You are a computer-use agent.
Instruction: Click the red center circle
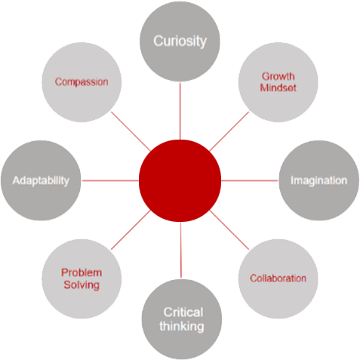point(180,180)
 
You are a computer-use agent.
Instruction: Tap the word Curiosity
point(180,42)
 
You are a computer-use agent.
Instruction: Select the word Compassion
point(82,82)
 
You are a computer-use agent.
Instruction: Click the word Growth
point(278,76)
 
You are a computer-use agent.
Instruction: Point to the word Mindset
point(278,88)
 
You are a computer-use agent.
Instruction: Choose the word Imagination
point(319,181)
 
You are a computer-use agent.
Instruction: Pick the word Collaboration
point(278,278)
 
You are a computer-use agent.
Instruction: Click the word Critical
point(183,312)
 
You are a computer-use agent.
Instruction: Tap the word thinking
point(182,327)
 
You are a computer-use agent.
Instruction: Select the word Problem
point(82,272)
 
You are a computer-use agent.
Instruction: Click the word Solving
point(82,285)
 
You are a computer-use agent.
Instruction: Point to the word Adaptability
point(41,181)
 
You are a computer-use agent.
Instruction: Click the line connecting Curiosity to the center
point(180,111)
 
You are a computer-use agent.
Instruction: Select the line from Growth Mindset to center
point(229,131)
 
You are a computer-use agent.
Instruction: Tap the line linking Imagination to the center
point(250,180)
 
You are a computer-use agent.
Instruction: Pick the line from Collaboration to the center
point(229,230)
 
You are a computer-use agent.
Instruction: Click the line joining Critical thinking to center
point(181,250)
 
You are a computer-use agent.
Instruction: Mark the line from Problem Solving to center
point(131,230)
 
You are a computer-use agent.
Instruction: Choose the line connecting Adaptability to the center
point(110,180)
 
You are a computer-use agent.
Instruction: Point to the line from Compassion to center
point(131,131)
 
